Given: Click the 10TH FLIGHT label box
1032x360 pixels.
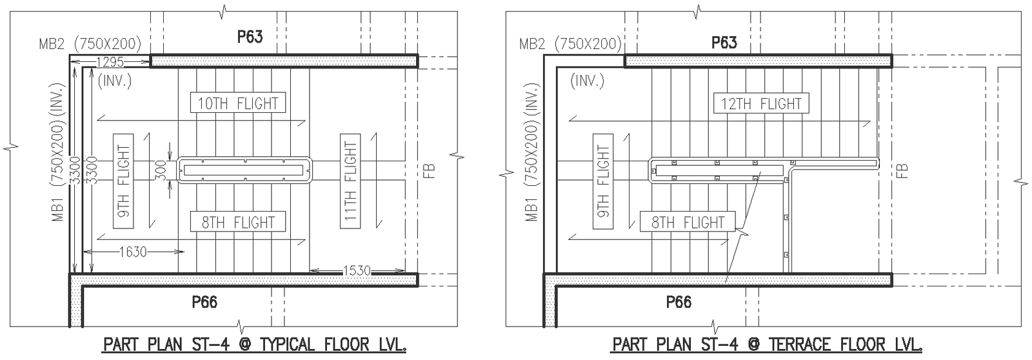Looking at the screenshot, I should [x=238, y=103].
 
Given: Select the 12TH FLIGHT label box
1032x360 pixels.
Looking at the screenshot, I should [x=761, y=103].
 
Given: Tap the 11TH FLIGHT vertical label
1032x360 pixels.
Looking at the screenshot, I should [x=350, y=181].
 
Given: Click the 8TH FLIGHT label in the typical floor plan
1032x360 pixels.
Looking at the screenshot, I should [x=238, y=222].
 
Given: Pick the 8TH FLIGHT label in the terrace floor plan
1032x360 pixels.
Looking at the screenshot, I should [x=688, y=222].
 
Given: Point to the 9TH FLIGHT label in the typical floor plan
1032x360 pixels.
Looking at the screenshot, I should [x=123, y=181].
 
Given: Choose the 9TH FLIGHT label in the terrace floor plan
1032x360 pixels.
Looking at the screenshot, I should [x=602, y=181].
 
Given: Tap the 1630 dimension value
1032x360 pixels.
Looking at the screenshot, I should [x=133, y=252].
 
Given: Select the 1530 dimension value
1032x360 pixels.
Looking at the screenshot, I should [x=357, y=270].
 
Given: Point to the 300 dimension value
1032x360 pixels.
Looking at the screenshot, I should [x=161, y=170].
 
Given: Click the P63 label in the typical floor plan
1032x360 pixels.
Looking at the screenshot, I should [x=250, y=37].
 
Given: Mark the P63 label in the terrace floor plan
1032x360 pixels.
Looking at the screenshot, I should [x=724, y=43].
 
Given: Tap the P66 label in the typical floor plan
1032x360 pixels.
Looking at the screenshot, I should [x=204, y=301].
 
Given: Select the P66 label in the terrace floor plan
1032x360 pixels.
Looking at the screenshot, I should [x=679, y=301].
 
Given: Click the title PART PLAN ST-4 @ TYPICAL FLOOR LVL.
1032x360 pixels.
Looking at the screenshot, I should [x=255, y=345].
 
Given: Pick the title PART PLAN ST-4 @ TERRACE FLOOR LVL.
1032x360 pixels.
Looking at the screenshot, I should [x=767, y=345].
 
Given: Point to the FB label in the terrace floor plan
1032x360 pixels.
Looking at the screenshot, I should [x=902, y=170].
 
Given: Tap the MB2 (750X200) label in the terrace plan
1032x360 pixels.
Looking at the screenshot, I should [x=570, y=44].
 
